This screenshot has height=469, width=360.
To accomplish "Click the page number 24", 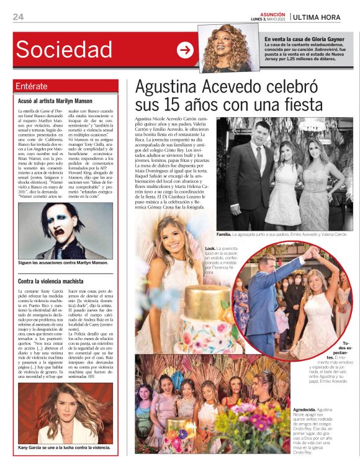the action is point(18,17).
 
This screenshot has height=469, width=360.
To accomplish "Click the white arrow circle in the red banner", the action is point(185,50).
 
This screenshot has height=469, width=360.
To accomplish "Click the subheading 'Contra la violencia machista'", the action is point(51,281).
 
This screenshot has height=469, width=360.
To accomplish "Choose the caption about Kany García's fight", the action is point(64,446).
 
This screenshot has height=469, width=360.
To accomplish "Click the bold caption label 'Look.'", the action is point(210,248).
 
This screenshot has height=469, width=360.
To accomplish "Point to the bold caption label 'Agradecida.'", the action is point(304,411).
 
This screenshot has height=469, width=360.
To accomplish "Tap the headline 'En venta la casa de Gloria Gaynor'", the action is point(304,40).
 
